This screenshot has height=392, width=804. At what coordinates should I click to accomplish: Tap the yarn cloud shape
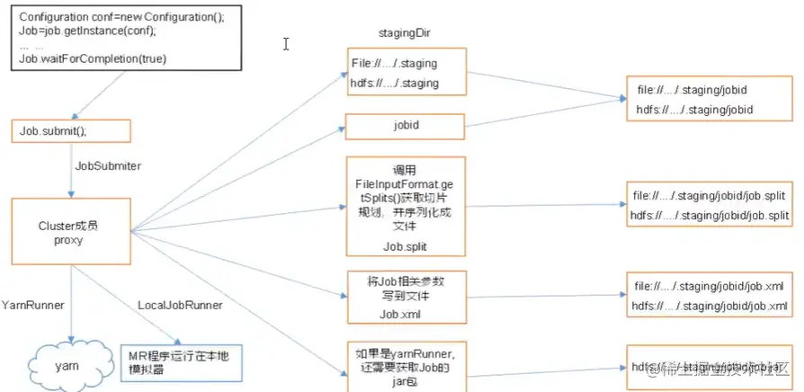(59, 366)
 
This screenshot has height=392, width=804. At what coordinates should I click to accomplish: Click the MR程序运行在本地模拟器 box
(180, 362)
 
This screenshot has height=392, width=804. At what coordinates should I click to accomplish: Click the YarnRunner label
(32, 306)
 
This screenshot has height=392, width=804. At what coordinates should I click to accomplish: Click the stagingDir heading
(401, 33)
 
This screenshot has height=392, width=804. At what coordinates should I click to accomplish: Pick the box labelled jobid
(406, 125)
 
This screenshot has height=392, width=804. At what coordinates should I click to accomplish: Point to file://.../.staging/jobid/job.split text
(710, 195)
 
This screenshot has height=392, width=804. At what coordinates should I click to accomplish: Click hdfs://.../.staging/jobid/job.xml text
(710, 307)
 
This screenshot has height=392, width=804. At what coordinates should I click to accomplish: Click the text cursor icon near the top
(286, 43)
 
